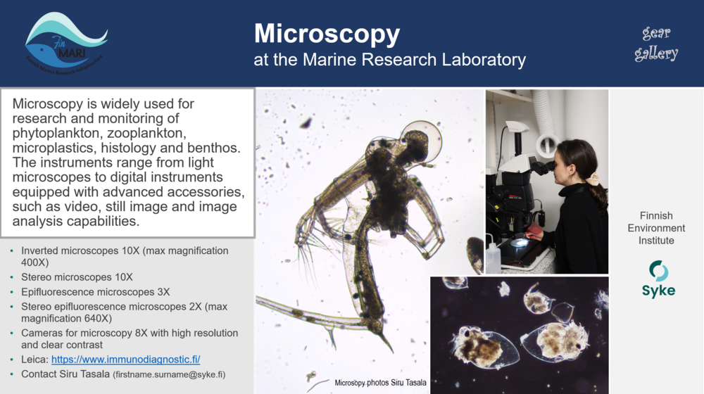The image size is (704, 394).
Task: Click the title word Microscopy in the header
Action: point(327,33)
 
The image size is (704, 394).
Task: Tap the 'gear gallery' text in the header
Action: point(656,44)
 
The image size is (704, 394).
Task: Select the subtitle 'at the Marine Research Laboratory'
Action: point(389,60)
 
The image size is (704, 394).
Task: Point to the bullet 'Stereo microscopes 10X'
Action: point(77,277)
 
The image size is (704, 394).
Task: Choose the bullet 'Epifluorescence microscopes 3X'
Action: point(96,291)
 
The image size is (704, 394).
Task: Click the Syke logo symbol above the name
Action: point(658,271)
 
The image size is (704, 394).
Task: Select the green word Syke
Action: point(658,291)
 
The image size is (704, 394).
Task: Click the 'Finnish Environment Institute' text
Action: point(656,228)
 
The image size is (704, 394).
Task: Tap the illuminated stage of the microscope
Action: point(519,243)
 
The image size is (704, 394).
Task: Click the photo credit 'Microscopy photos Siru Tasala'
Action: point(380,383)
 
